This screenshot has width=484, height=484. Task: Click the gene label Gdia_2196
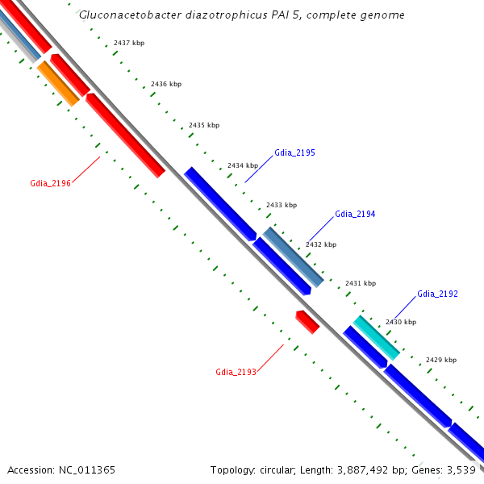(50, 183)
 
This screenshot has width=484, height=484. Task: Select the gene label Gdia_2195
(294, 152)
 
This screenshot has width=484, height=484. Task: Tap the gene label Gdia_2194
(355, 214)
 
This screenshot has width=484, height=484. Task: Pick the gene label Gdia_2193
(236, 372)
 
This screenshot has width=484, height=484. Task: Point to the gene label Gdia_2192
(437, 294)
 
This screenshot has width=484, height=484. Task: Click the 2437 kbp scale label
(130, 42)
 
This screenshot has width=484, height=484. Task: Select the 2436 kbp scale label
(166, 84)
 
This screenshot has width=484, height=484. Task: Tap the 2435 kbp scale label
(203, 125)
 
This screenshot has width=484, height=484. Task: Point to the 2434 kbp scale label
(243, 165)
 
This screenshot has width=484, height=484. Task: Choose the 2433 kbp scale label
(282, 205)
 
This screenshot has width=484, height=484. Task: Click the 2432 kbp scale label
(321, 244)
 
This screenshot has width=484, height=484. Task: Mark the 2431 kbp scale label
(361, 283)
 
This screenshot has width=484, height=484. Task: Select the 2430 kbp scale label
(401, 322)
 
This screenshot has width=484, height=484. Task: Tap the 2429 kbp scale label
(441, 360)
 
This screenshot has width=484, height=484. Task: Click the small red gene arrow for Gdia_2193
(307, 321)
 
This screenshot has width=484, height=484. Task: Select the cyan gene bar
(376, 337)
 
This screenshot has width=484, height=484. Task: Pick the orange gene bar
(58, 83)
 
